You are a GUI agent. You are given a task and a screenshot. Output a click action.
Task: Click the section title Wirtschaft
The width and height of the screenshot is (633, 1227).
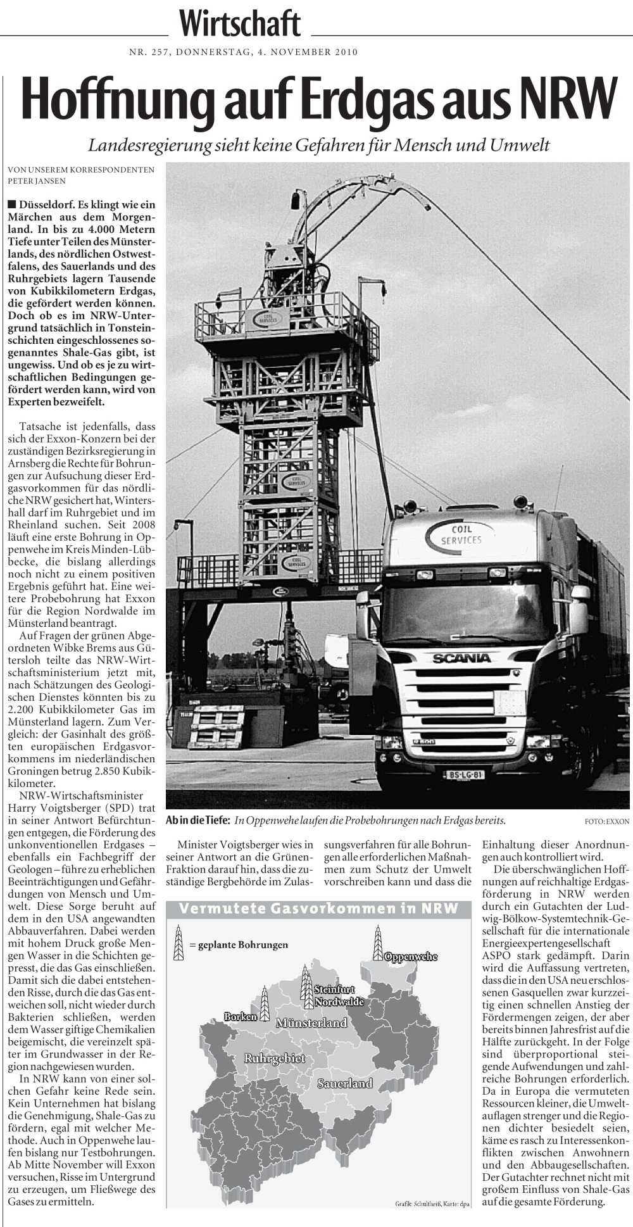[240, 25]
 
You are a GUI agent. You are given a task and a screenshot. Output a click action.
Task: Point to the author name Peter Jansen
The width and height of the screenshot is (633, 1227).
[37, 180]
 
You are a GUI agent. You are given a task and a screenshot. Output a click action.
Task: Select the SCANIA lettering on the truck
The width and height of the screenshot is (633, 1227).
[461, 658]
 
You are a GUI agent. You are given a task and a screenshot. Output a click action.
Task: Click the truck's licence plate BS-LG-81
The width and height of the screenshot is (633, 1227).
[465, 774]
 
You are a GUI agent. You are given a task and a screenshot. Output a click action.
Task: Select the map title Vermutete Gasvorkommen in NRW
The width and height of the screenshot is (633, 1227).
[318, 909]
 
